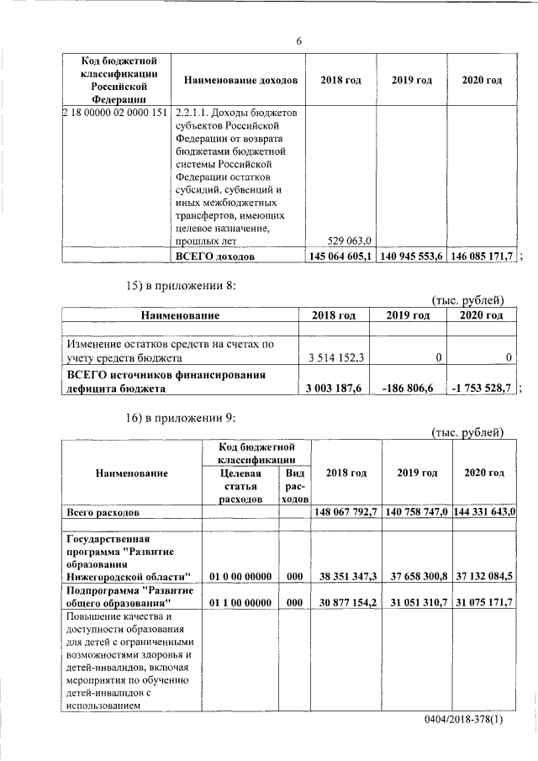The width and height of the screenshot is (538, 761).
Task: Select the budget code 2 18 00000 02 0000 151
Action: point(114,114)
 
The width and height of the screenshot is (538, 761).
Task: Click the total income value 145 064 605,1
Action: point(340,255)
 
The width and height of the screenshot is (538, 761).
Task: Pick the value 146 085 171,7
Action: point(482,255)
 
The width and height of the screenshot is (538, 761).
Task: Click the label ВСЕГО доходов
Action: point(214,255)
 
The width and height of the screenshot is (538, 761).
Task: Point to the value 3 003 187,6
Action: point(336,388)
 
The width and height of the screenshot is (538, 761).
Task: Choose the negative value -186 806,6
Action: point(410,388)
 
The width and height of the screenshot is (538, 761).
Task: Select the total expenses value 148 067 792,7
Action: point(345,511)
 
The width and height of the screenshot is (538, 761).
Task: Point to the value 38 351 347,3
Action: point(345,575)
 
